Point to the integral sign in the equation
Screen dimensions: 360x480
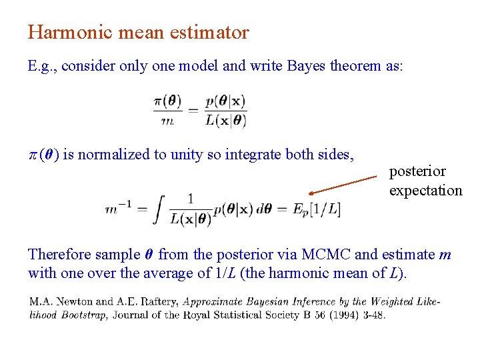tap(159, 209)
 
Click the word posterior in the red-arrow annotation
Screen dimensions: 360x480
tap(417, 171)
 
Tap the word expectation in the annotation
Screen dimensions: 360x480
tap(425, 191)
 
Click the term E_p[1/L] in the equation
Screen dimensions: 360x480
tap(317, 209)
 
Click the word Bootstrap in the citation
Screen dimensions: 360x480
tap(84, 315)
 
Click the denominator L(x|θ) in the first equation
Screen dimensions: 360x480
tap(226, 121)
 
